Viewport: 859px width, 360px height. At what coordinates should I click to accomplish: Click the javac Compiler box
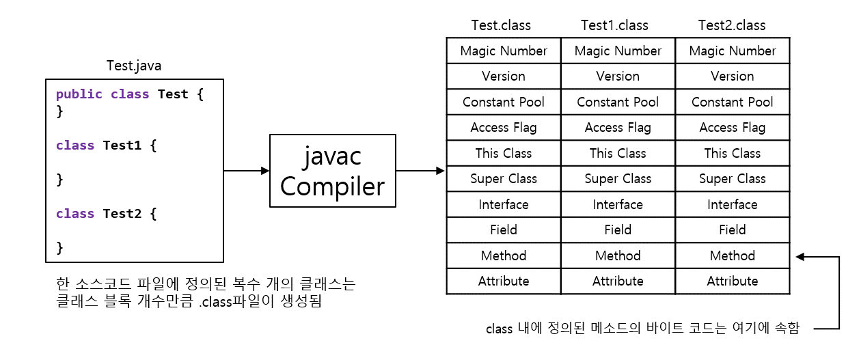tap(332, 171)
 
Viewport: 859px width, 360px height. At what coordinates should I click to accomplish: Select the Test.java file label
tap(134, 66)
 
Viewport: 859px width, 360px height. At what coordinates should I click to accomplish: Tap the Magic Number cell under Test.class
tap(504, 51)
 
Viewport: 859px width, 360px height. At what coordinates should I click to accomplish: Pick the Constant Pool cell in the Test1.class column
tap(618, 102)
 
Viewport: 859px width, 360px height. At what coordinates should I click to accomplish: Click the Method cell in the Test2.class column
tap(732, 256)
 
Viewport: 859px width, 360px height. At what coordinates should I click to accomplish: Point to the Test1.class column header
tap(614, 25)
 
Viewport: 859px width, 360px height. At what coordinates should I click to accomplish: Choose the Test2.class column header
tap(732, 25)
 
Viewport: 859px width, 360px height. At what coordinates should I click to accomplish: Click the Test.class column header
tap(501, 25)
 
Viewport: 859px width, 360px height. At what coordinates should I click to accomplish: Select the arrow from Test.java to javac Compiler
tap(246, 171)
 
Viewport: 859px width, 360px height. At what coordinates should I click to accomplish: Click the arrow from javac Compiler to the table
tap(420, 171)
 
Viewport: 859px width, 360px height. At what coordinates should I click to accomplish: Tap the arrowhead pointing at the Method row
tap(800, 257)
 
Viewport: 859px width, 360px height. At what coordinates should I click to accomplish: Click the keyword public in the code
tap(79, 94)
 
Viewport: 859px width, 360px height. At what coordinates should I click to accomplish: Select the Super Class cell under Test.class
tap(504, 179)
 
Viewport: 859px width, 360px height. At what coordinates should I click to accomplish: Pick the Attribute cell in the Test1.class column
tap(618, 281)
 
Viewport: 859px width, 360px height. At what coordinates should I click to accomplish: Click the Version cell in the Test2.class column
tap(732, 77)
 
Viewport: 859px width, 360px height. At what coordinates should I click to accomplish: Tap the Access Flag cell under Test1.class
tap(618, 128)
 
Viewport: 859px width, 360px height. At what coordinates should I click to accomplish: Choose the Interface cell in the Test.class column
tap(504, 205)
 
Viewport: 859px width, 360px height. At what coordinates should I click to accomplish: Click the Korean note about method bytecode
tap(642, 329)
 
